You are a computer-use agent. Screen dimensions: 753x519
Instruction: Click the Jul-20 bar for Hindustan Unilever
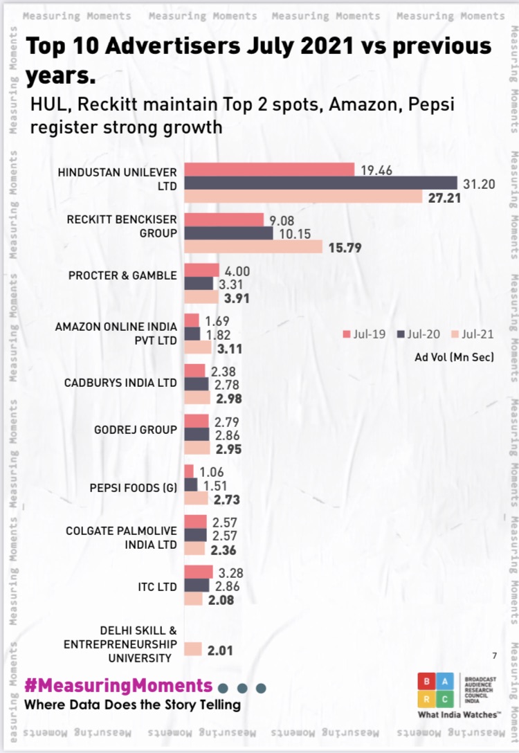(x=321, y=183)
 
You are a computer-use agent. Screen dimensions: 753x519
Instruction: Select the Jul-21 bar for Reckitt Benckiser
(x=253, y=247)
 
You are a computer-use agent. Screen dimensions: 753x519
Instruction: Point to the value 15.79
(x=345, y=247)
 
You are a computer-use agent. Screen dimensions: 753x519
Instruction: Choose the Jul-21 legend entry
(x=473, y=334)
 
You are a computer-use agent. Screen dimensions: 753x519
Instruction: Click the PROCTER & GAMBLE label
(x=122, y=275)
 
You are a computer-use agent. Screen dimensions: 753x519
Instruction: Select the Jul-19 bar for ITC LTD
(x=199, y=571)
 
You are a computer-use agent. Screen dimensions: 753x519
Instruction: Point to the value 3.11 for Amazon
(x=229, y=349)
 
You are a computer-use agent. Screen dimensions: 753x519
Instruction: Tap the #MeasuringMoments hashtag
(x=118, y=685)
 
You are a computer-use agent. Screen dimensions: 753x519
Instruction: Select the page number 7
(x=494, y=655)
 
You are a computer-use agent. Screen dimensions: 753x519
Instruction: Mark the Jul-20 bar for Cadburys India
(x=197, y=383)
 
